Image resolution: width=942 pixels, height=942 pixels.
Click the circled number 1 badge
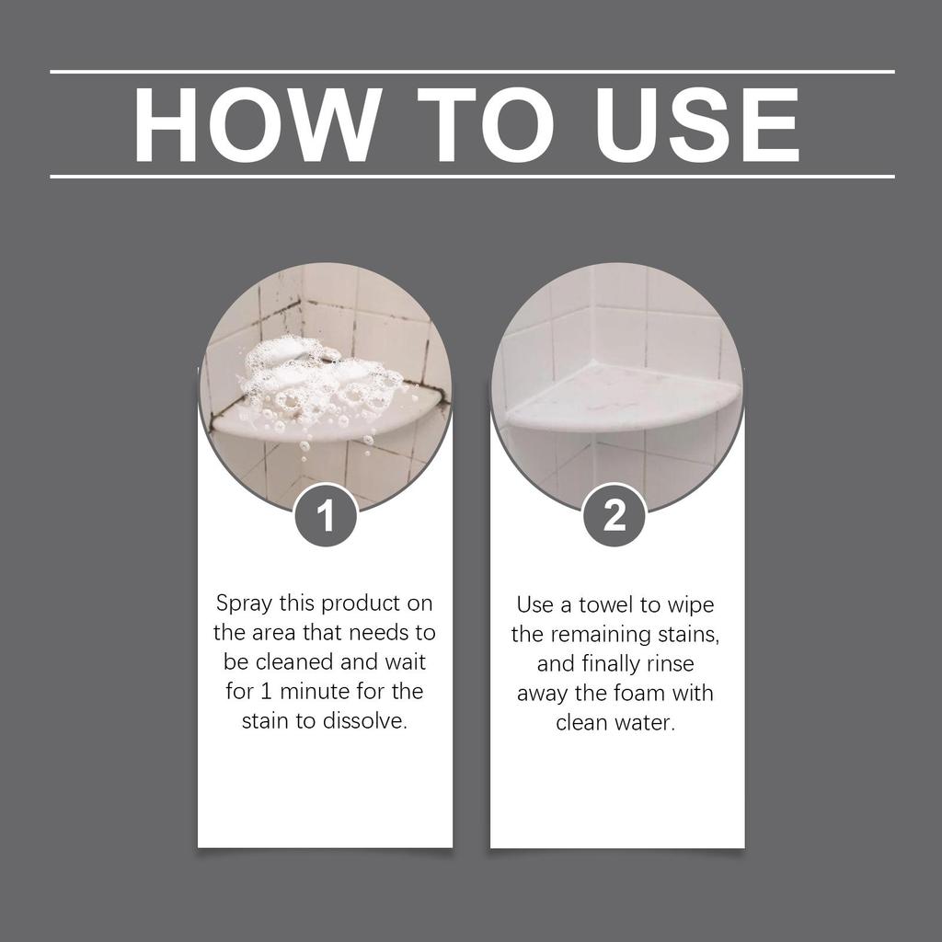point(325,518)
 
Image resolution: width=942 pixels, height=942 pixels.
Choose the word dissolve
point(364,720)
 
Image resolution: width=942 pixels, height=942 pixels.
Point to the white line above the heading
point(471,71)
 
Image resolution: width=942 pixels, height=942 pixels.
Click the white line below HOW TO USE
point(471,176)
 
